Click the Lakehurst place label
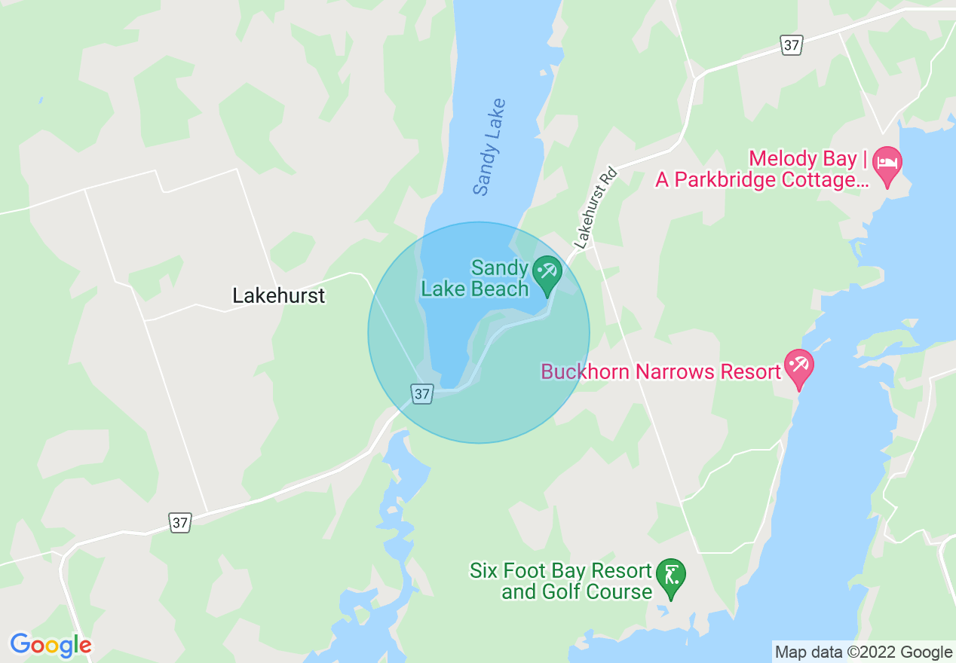tap(278, 295)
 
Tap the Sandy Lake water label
tap(490, 147)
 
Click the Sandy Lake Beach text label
tap(475, 279)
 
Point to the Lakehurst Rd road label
tap(596, 208)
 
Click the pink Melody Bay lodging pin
tap(890, 164)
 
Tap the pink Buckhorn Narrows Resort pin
tap(798, 366)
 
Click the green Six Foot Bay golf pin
tap(670, 577)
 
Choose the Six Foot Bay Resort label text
tap(560, 581)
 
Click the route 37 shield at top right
tap(791, 46)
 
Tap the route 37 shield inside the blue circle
tap(422, 393)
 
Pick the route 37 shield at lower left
tap(179, 522)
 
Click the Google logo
tap(51, 645)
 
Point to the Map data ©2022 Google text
tap(863, 652)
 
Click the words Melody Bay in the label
tap(802, 159)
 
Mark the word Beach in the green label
tap(501, 289)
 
